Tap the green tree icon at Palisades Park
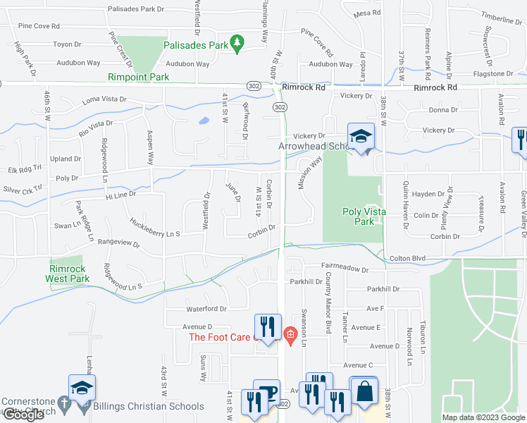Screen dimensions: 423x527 tap(238, 45)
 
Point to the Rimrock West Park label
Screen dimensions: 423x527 tap(69, 274)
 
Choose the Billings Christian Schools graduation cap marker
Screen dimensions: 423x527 tap(82, 386)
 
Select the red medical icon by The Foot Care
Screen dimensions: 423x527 tap(287, 333)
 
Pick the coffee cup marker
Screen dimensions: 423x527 tap(266, 393)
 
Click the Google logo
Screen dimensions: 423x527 tap(23, 415)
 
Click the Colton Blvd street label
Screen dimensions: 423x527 tap(408, 259)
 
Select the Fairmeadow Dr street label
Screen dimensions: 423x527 tap(345, 269)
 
